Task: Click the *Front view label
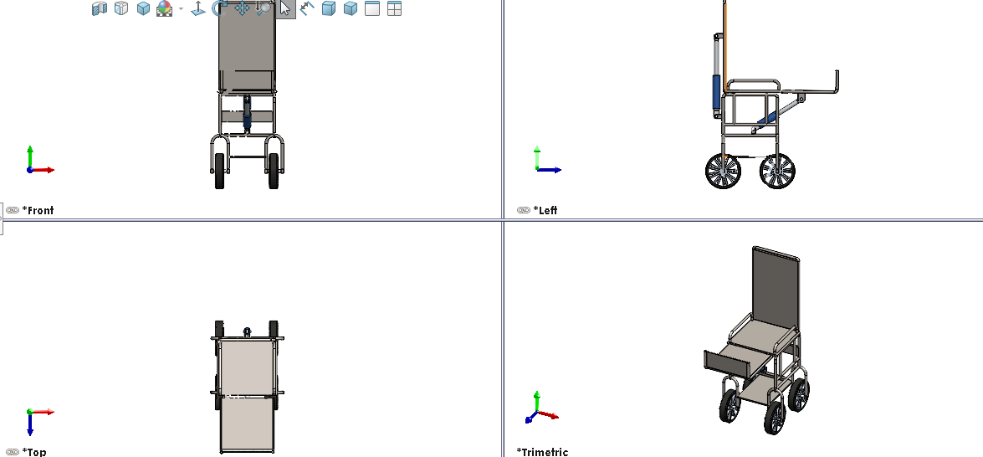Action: coord(38,210)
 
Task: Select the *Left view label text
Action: coord(545,210)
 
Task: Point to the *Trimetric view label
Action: coord(542,451)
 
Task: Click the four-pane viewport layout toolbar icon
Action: coord(394,8)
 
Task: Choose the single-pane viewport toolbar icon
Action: coord(372,8)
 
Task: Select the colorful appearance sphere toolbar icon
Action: coord(164,8)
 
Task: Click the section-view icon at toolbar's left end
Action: coord(99,8)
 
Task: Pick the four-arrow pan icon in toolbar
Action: coord(242,8)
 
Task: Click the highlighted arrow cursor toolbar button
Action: coord(286,8)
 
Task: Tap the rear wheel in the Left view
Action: coord(723,171)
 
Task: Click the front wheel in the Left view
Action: coord(777,171)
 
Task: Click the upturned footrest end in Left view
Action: coord(837,81)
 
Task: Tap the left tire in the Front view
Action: coord(219,171)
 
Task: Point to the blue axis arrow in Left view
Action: coord(550,170)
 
